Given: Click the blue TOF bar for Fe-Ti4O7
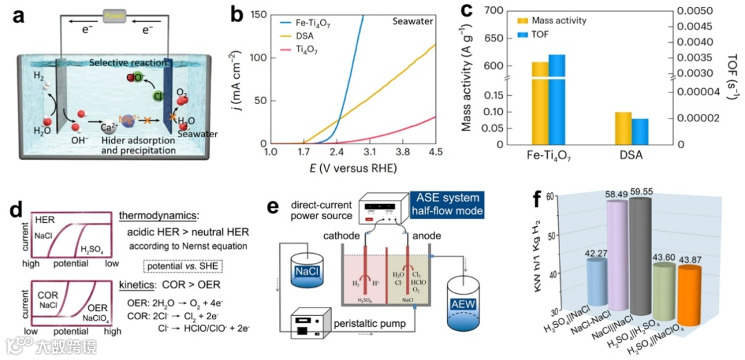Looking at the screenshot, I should pos(557,99).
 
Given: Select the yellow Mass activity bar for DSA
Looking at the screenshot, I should pos(624,128).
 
